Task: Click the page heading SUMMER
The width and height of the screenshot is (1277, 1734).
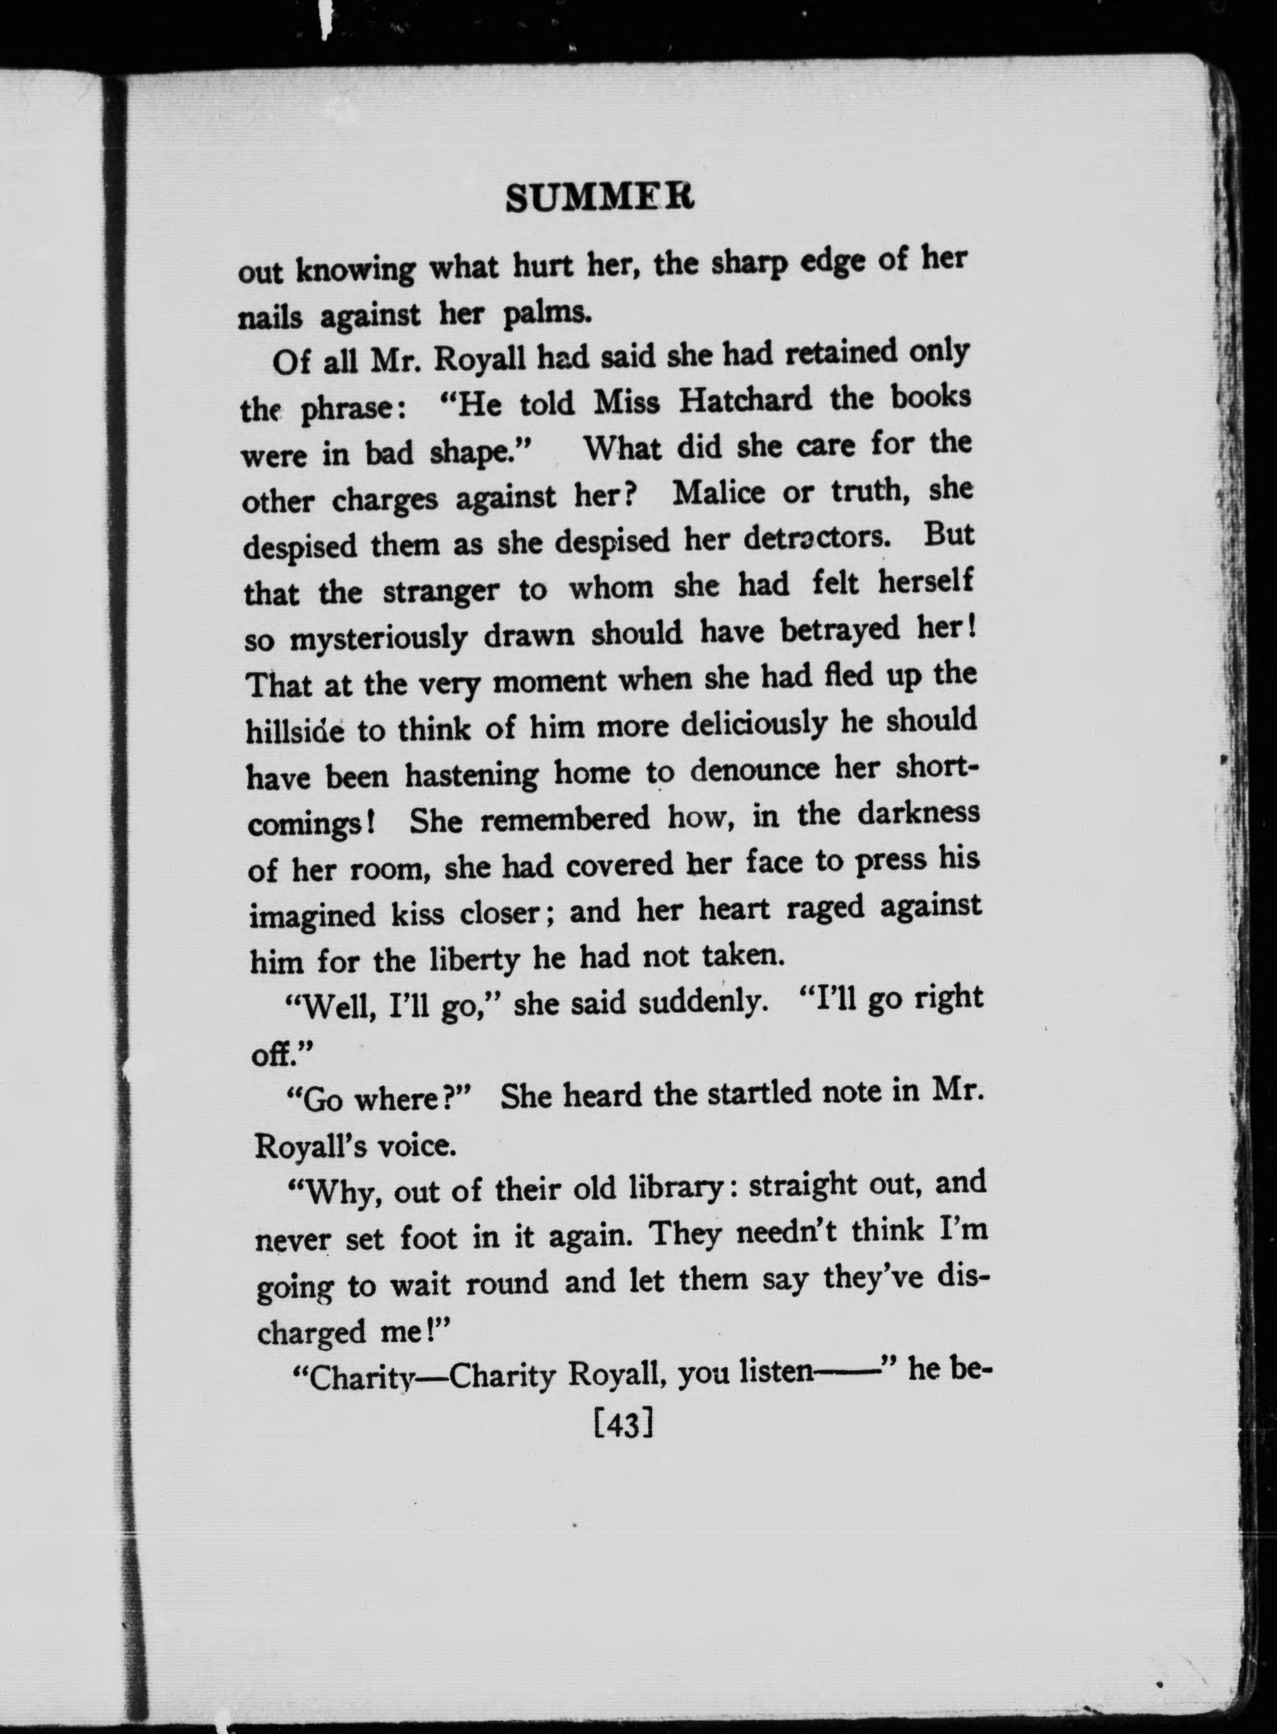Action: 600,199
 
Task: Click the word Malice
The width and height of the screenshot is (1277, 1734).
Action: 718,493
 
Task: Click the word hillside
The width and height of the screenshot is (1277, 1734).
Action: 296,730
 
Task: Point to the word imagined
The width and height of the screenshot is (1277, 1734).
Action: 312,915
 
